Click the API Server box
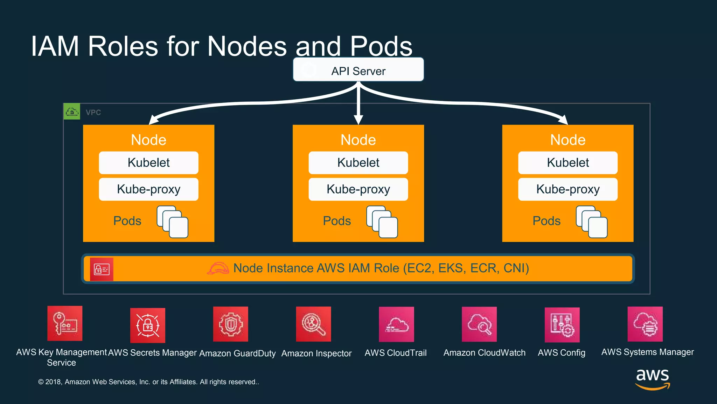pyautogui.click(x=358, y=70)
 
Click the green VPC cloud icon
pyautogui.click(x=72, y=112)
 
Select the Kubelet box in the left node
pyautogui.click(x=148, y=163)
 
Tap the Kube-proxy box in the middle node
pyautogui.click(x=358, y=189)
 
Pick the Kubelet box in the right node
pyautogui.click(x=568, y=163)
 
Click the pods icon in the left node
pyautogui.click(x=173, y=222)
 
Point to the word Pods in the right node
pyautogui.click(x=546, y=221)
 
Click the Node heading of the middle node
pyautogui.click(x=358, y=140)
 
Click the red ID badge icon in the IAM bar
pyautogui.click(x=102, y=269)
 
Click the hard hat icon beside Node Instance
pyautogui.click(x=218, y=269)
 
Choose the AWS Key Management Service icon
pyautogui.click(x=65, y=323)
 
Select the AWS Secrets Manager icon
pyautogui.click(x=147, y=325)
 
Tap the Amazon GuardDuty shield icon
pyautogui.click(x=230, y=324)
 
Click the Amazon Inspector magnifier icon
pyautogui.click(x=313, y=324)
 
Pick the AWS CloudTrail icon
pyautogui.click(x=396, y=324)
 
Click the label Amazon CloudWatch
pyautogui.click(x=484, y=353)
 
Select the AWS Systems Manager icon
pyautogui.click(x=645, y=324)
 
